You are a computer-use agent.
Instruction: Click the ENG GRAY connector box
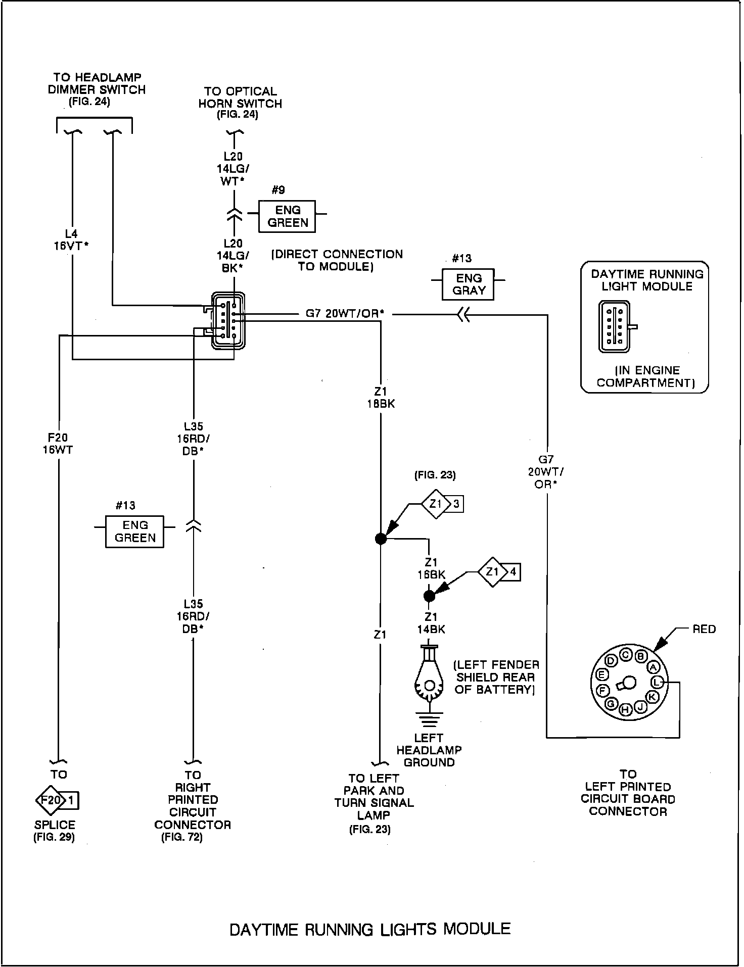[x=468, y=284]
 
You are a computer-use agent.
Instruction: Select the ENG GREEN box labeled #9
[x=287, y=216]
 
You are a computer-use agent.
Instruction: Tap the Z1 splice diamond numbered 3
[x=435, y=504]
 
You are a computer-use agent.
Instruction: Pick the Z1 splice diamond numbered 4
[x=492, y=572]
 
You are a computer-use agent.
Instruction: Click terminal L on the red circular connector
[x=657, y=683]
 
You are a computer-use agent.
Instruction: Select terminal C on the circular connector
[x=626, y=655]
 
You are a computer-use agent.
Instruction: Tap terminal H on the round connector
[x=625, y=710]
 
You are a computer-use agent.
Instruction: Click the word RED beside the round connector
[x=704, y=629]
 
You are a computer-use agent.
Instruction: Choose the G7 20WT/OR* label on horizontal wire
[x=345, y=314]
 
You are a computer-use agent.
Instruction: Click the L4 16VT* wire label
[x=72, y=239]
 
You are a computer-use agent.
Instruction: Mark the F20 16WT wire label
[x=58, y=443]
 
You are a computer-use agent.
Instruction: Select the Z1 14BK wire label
[x=431, y=623]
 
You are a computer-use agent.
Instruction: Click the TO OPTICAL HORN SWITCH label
[x=240, y=98]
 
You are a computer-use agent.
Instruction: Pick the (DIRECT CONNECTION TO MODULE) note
[x=337, y=260]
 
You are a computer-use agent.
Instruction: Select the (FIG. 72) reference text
[x=182, y=837]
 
